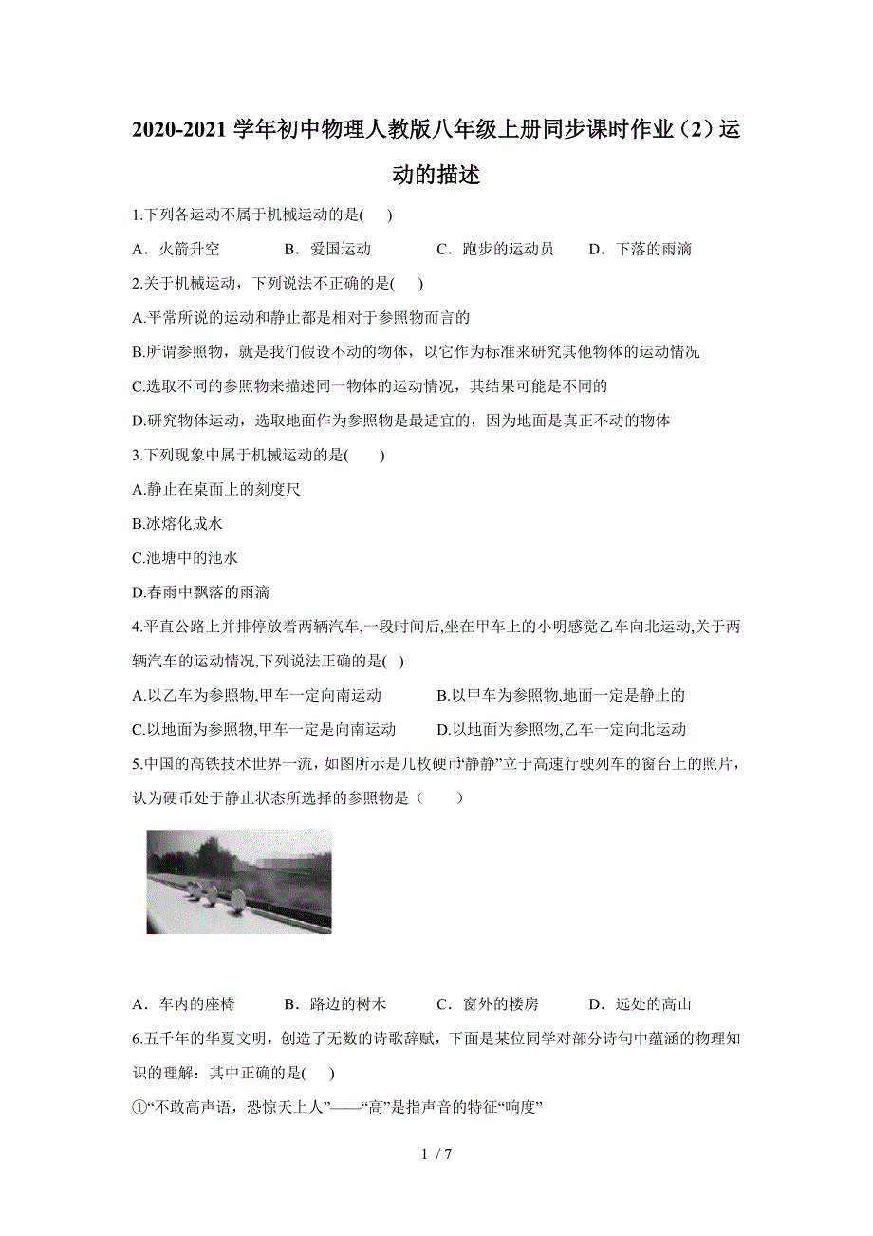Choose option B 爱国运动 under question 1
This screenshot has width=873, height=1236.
tap(327, 250)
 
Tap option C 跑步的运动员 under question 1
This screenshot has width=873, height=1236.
tap(494, 250)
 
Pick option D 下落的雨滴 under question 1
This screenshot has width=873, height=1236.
tap(641, 250)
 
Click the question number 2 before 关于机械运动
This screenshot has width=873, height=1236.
tap(137, 283)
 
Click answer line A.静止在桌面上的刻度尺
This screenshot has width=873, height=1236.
tap(217, 490)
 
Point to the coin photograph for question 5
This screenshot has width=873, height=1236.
tap(239, 882)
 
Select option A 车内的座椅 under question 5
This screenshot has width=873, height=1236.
tap(184, 1004)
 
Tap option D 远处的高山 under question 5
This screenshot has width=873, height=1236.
tap(640, 1004)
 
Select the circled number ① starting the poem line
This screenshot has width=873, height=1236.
tap(139, 1107)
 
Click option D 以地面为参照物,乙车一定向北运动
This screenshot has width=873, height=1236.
tap(561, 730)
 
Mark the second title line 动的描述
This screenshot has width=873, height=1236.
tap(436, 176)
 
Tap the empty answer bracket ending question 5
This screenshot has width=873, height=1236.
tap(439, 798)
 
